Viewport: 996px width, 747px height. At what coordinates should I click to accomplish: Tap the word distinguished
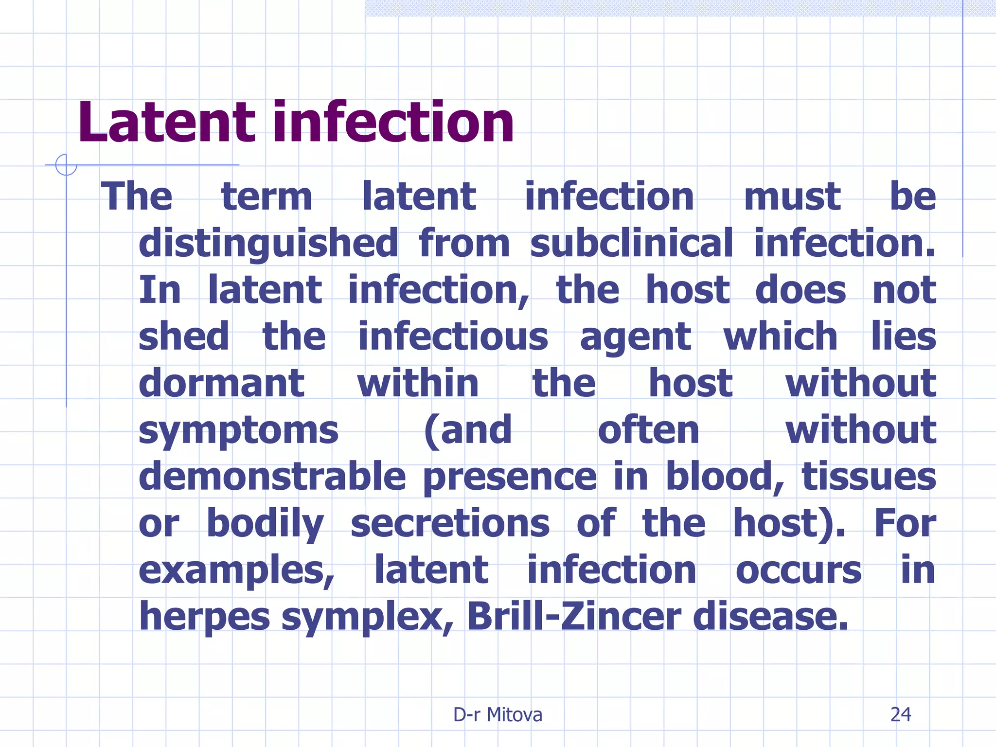pos(268,243)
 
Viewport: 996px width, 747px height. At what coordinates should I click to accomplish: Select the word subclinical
pos(631,243)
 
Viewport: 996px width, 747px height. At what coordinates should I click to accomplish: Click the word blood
pos(724,477)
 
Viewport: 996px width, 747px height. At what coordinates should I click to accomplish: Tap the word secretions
pos(450,523)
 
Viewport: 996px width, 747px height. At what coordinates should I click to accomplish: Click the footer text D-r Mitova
pos(498,714)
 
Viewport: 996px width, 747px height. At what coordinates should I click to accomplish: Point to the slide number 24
pos(900,714)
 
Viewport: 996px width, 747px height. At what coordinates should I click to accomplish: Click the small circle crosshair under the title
pos(66,165)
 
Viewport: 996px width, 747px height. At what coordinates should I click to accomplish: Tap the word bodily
pos(265,524)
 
